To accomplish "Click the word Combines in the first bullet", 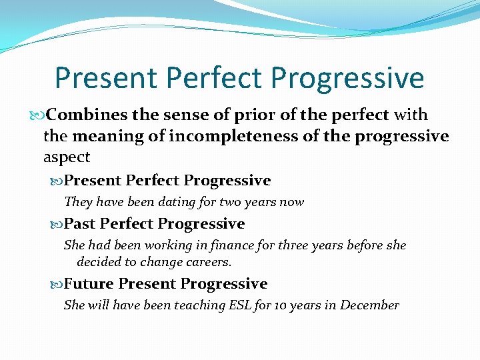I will tap(88, 115).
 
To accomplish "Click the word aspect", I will tap(66, 157).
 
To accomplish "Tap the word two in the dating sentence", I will tap(231, 202).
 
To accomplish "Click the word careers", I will tap(207, 262).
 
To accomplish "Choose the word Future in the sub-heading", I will tap(89, 284).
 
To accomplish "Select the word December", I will tap(369, 305).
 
